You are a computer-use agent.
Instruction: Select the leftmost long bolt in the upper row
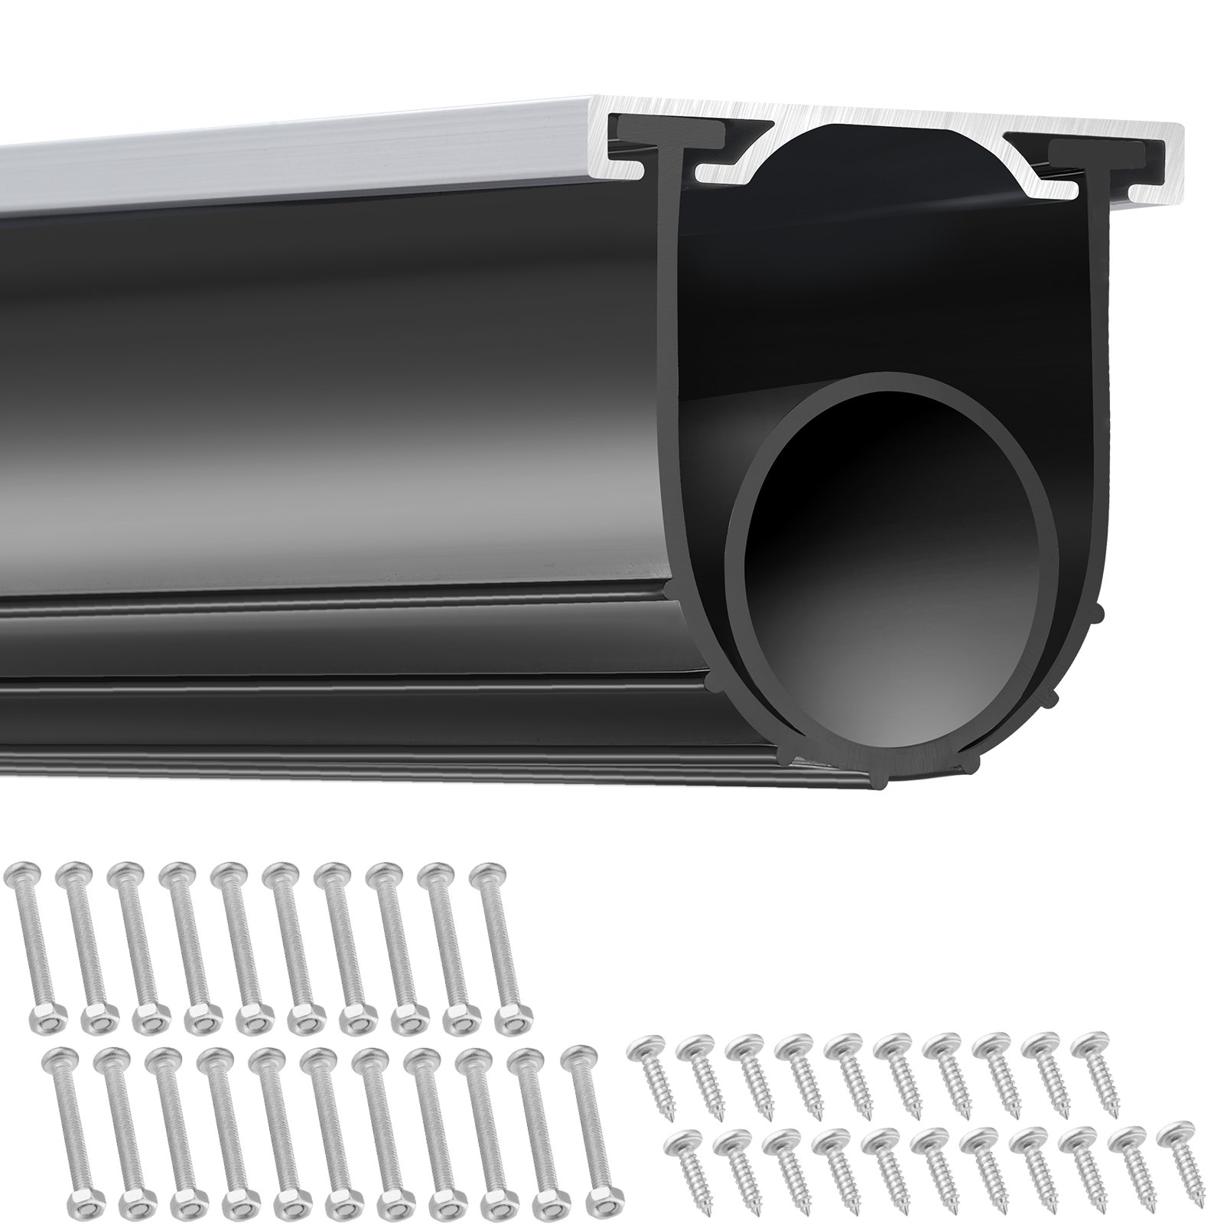coord(31,941)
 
